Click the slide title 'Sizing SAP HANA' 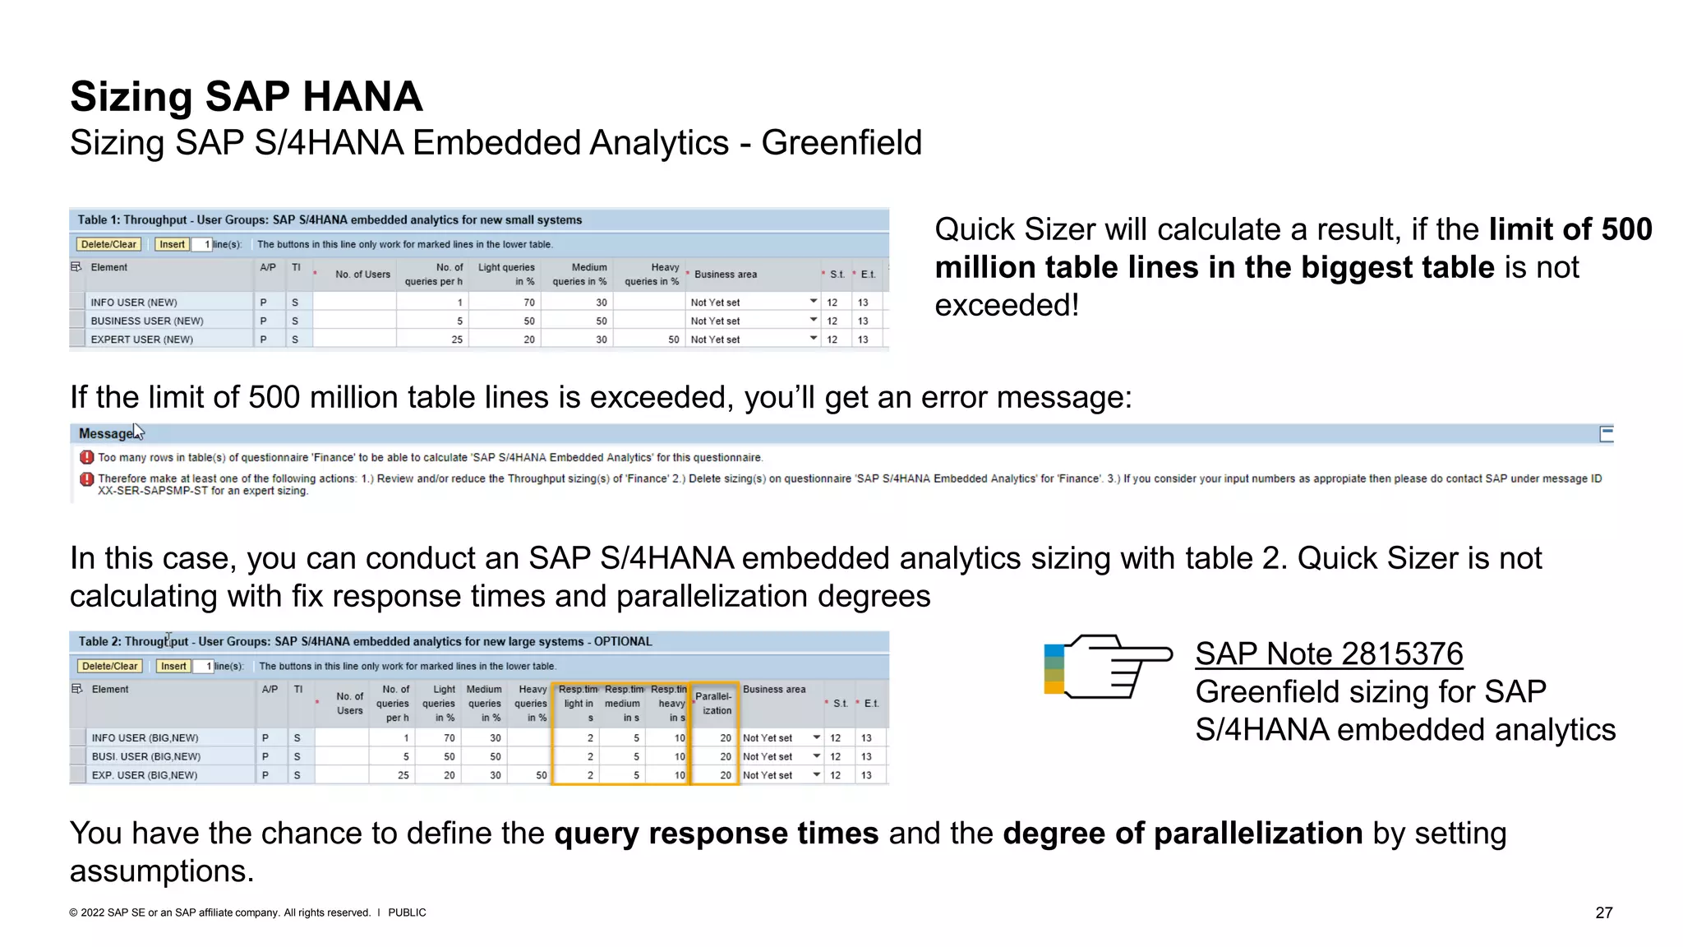point(246,97)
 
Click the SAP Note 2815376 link point(1328,654)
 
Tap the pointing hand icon point(1108,667)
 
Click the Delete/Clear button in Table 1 point(108,244)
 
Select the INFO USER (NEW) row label point(134,303)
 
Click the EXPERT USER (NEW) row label point(141,340)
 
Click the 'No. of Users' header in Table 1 point(362,275)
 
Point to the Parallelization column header point(714,703)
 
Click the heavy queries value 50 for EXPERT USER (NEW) point(673,340)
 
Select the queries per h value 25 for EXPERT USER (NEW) point(457,340)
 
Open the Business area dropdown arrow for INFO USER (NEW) point(814,302)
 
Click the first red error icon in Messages point(86,457)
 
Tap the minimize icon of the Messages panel point(1607,433)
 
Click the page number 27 point(1603,912)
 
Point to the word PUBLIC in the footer point(407,912)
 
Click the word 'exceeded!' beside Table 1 point(1007,306)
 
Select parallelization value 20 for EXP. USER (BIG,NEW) point(725,775)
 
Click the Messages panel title point(106,433)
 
